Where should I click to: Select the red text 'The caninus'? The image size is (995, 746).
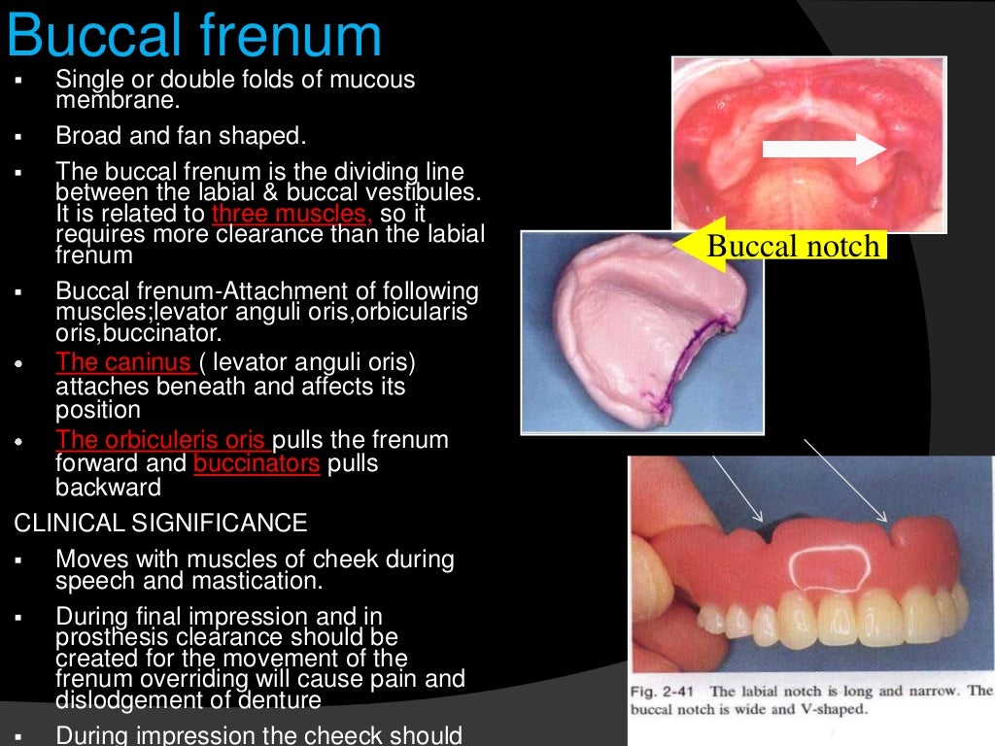(124, 363)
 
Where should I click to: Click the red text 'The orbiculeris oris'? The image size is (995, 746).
(162, 440)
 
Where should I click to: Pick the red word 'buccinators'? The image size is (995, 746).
(257, 464)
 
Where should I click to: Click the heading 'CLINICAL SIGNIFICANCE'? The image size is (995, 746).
(160, 524)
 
